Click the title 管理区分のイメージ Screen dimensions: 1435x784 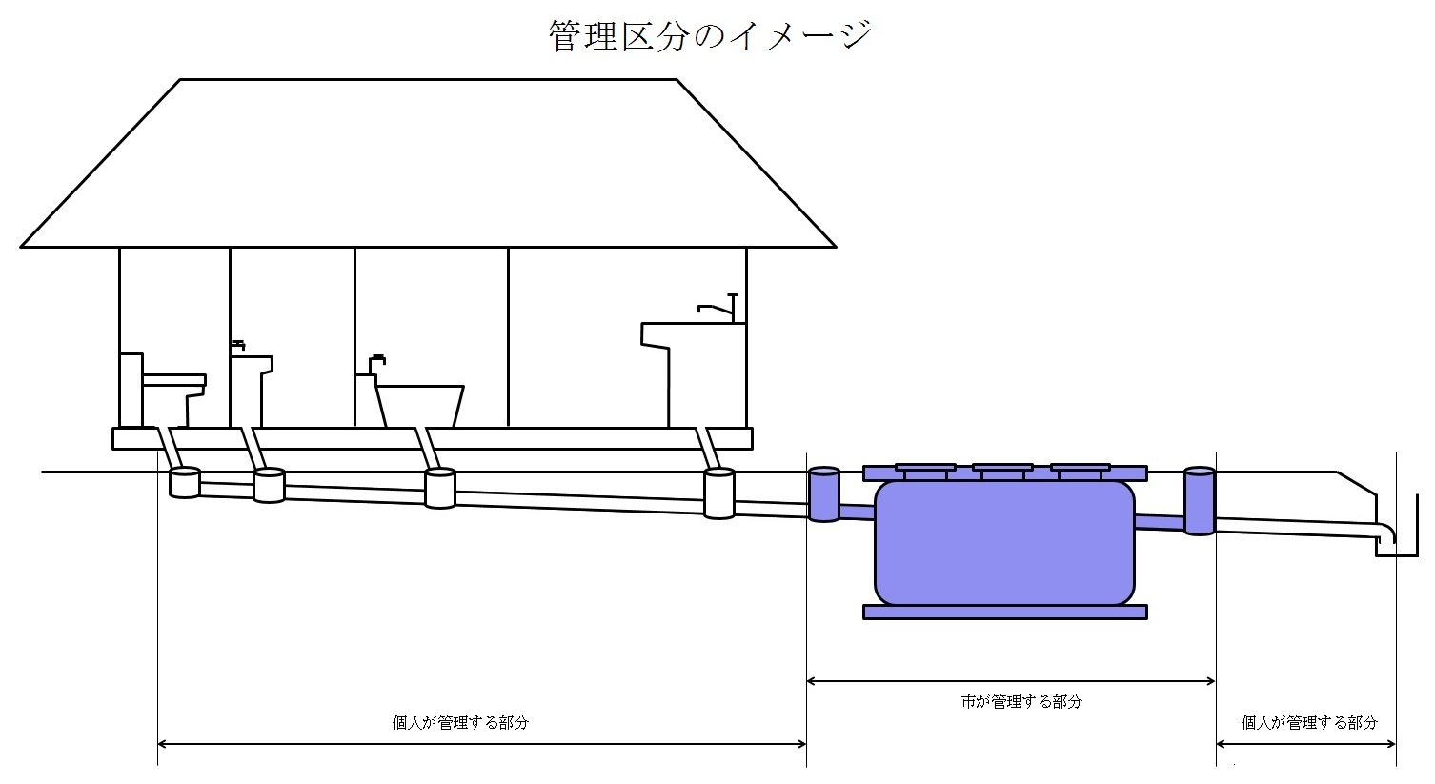710,36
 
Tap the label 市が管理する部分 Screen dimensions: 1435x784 1021,702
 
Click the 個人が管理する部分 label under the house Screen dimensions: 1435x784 460,723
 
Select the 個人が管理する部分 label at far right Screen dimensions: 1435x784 1309,723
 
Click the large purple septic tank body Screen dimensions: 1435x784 1004,543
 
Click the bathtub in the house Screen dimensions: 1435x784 419,406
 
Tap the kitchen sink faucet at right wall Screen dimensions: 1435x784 719,308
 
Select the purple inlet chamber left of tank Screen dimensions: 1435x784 824,493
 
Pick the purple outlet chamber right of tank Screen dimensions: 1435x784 1200,501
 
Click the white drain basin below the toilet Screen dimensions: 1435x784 185,483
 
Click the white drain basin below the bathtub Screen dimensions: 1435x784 440,488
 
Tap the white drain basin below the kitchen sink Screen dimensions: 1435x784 718,493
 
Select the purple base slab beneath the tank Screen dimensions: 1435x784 1005,613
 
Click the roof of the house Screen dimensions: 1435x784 428,163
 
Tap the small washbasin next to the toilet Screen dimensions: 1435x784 251,391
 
